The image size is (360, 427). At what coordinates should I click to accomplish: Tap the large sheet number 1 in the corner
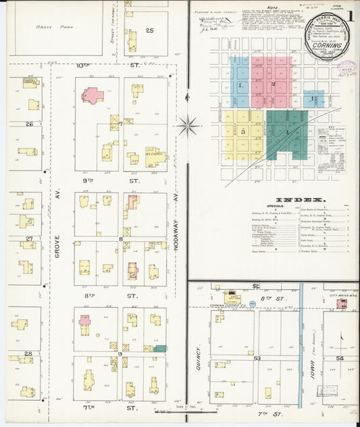tap(350, 14)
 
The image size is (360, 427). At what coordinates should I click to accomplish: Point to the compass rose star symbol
tap(188, 124)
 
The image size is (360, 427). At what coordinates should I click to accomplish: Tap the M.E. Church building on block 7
tap(154, 157)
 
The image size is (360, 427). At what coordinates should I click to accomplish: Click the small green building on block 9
tap(159, 349)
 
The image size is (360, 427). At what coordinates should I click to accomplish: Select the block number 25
tap(149, 30)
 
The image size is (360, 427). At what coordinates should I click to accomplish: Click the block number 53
tap(257, 358)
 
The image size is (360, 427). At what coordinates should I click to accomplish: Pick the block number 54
tap(340, 357)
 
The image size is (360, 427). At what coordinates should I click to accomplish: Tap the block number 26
tap(29, 124)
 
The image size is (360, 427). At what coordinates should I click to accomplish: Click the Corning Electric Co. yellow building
tap(233, 298)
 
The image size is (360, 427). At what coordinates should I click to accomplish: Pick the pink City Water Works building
tap(342, 304)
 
